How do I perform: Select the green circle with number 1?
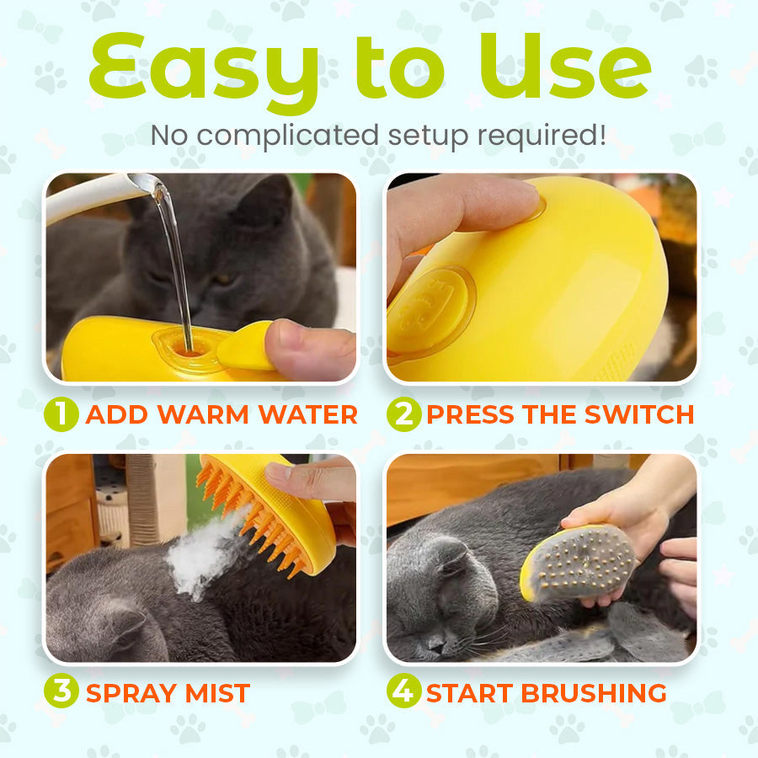(x=61, y=414)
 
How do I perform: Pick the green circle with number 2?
(x=403, y=414)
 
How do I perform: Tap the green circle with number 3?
(x=61, y=692)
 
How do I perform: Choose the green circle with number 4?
(x=403, y=692)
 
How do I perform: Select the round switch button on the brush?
(x=430, y=307)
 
